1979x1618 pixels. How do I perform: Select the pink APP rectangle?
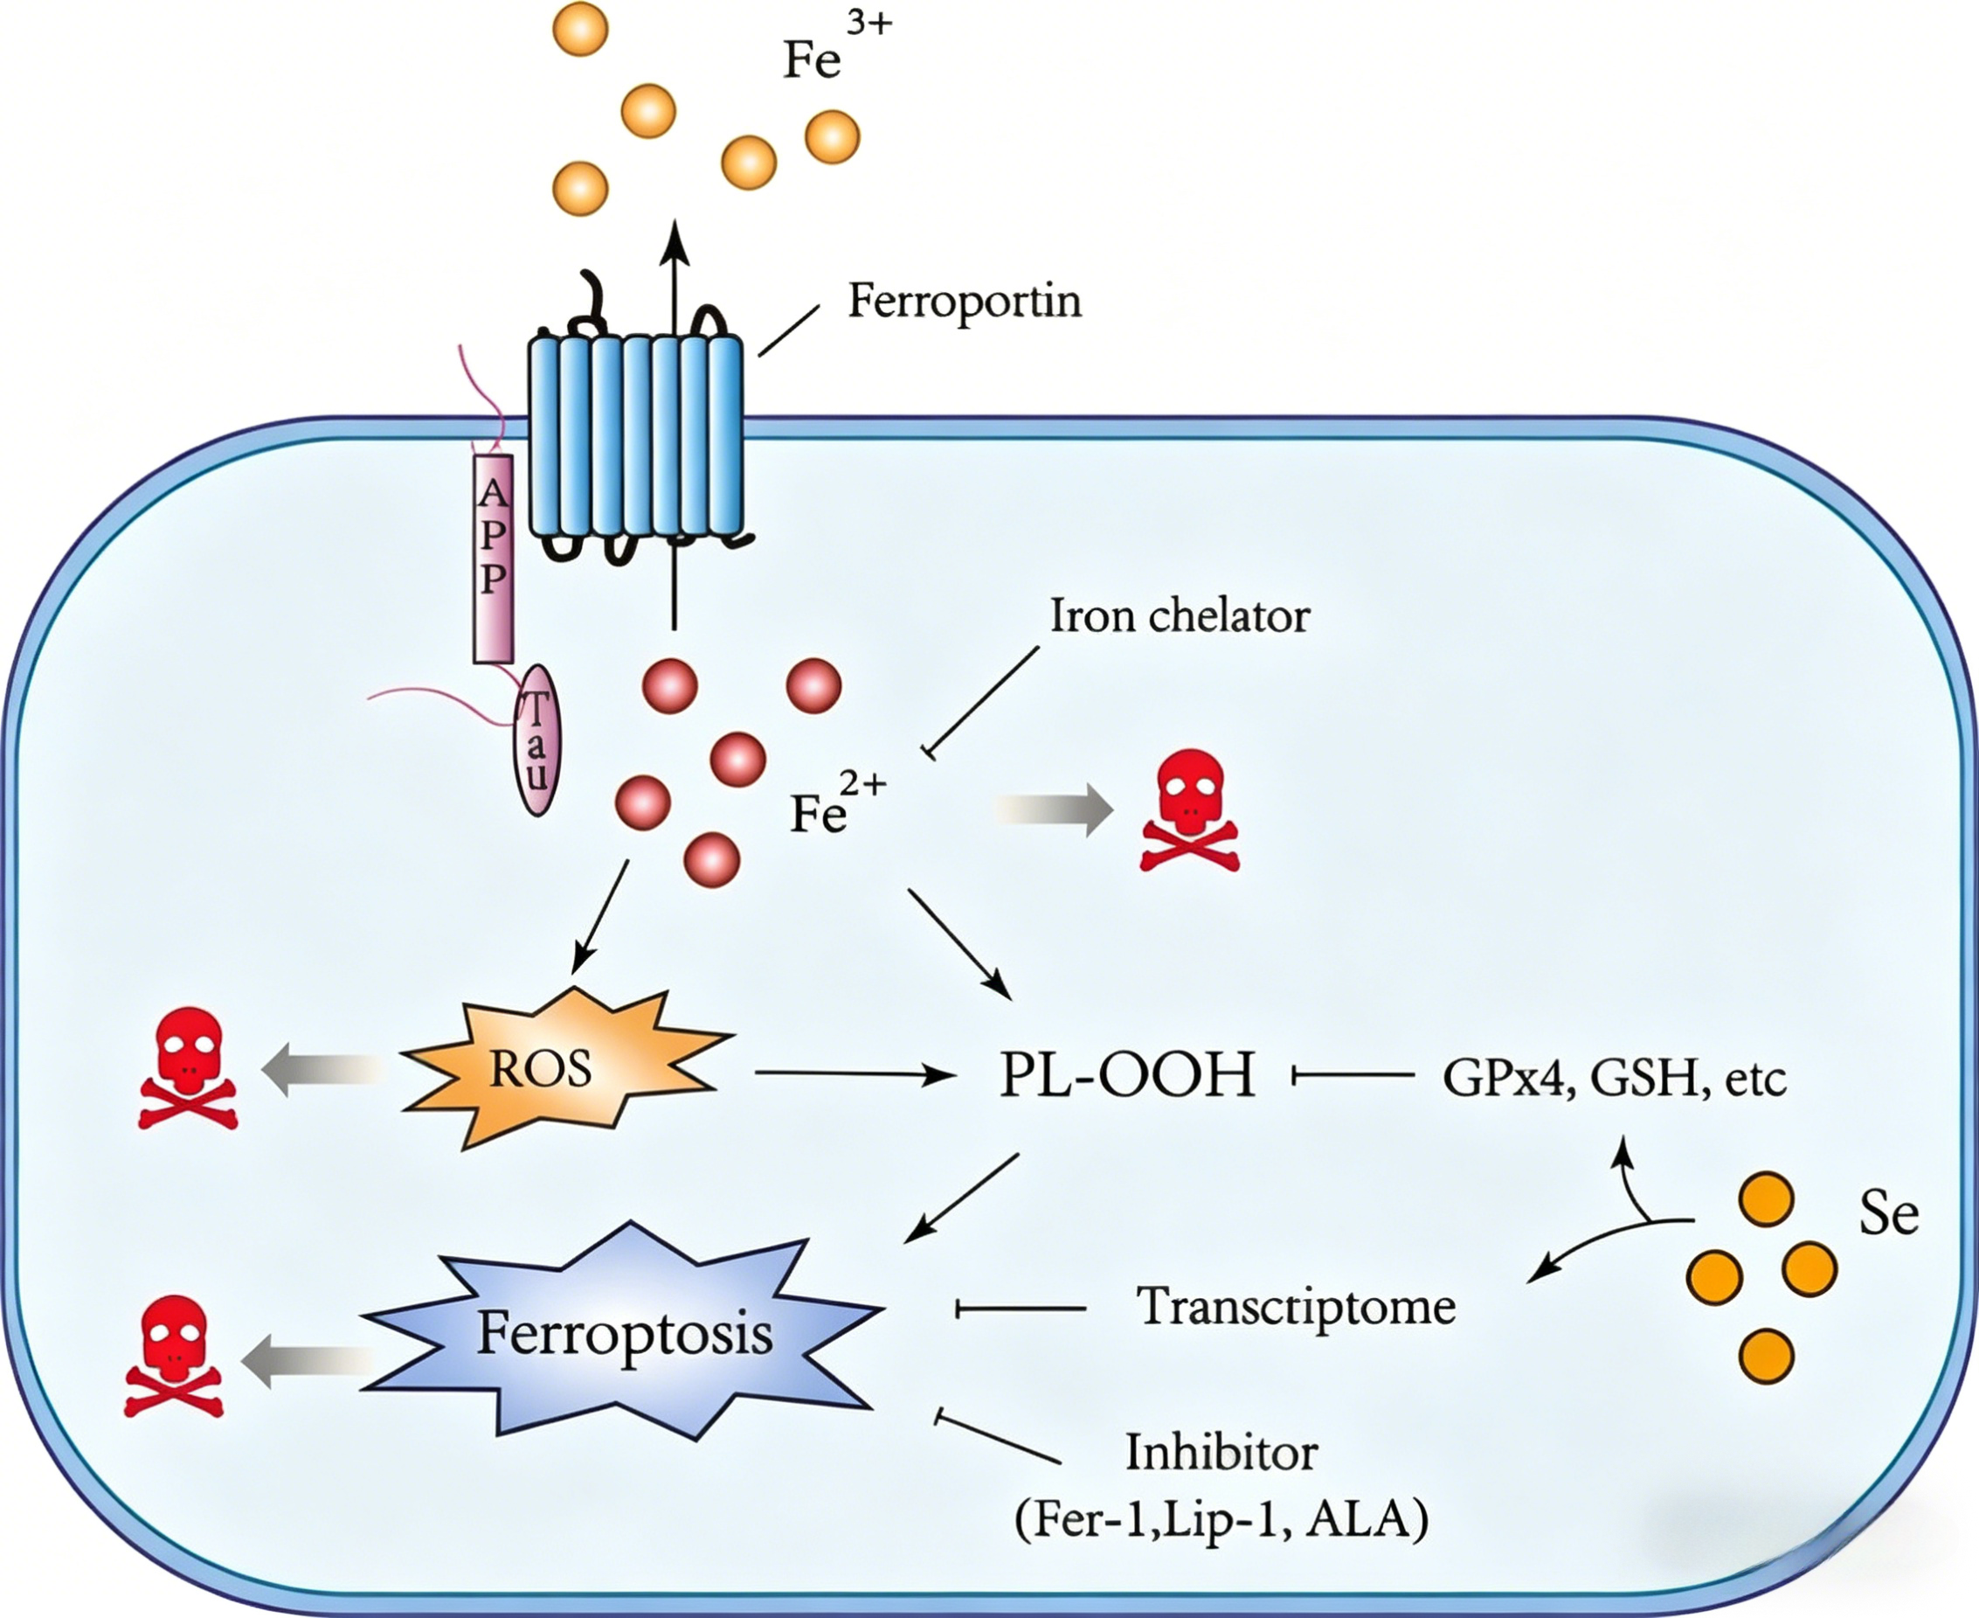493,559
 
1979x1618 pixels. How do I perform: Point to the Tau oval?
537,740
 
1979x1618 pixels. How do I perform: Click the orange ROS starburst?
564,1068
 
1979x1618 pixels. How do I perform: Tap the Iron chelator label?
1180,616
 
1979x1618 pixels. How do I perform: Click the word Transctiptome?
1295,1307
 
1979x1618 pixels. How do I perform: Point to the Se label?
1889,1212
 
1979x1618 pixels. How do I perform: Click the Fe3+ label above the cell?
837,46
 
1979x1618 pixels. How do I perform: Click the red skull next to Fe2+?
1189,811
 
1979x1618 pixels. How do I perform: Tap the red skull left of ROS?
188,1068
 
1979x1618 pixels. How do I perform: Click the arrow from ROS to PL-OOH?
855,1074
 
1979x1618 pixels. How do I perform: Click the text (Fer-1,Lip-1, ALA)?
1221,1519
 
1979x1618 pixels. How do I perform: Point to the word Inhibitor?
1221,1452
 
